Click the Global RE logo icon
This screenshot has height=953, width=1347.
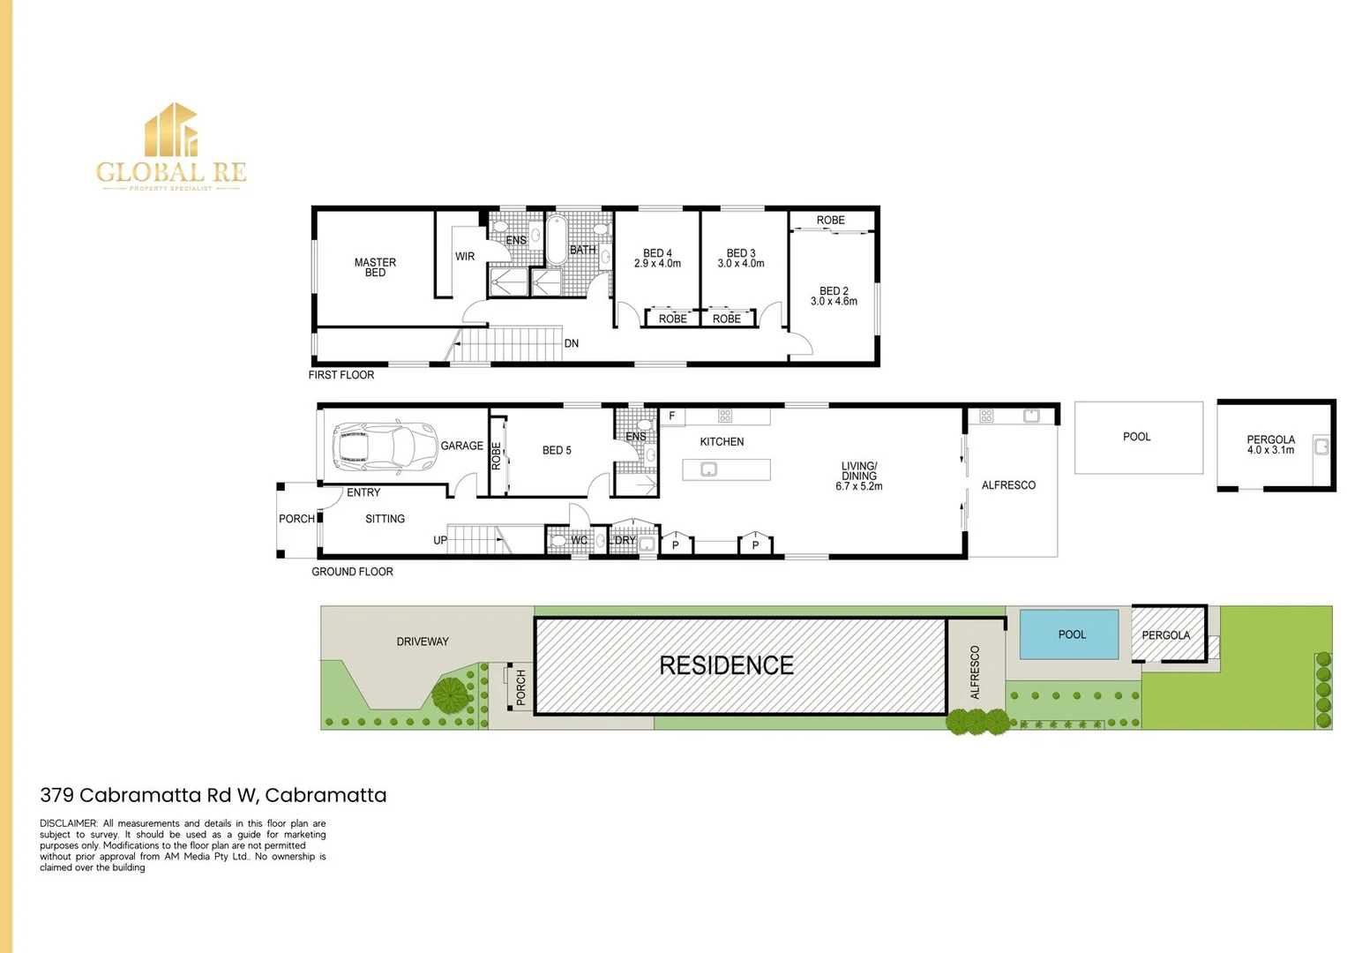coord(171,130)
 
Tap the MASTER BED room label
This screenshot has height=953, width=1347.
coord(375,267)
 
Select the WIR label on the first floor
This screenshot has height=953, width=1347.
coord(465,257)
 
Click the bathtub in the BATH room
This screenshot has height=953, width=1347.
coord(557,239)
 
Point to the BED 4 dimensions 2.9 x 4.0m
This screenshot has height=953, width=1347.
coord(657,264)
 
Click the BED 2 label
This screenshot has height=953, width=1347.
coord(834,290)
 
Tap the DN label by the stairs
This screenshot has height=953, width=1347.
coord(572,343)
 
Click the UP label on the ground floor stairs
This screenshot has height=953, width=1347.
coord(440,540)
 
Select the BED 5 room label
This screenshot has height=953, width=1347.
coord(557,450)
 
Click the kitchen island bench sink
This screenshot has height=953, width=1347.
coord(708,469)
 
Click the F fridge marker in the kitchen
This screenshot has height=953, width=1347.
coord(671,416)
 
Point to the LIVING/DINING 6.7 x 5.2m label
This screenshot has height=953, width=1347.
coord(858,476)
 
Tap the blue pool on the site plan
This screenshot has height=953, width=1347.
coord(1069,634)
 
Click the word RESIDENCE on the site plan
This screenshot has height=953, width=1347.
coord(726,665)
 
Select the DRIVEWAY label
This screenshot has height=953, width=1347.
coord(423,642)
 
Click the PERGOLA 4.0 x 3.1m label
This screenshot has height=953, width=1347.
coord(1270,445)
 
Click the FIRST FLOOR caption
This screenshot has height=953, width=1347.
coord(341,375)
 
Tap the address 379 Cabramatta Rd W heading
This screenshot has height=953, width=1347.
coord(213,795)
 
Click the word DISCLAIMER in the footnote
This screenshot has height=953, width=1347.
coord(68,823)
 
